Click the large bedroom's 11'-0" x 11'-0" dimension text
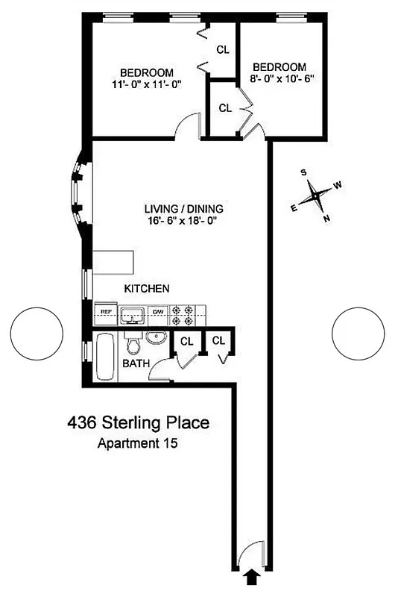coord(145,85)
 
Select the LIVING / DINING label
coord(185,209)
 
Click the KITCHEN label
coord(148,288)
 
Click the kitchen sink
coord(133,315)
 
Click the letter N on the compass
coord(326,219)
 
